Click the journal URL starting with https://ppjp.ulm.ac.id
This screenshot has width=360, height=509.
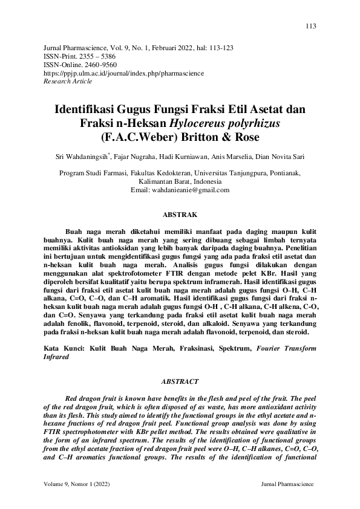tap(124, 73)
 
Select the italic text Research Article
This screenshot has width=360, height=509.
tap(68, 80)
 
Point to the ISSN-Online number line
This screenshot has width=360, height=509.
tap(81, 64)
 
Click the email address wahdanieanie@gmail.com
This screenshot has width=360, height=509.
tap(180, 189)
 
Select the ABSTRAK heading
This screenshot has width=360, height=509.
tap(180, 214)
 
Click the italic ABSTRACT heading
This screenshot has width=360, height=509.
tap(180, 381)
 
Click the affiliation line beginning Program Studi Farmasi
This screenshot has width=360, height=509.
tap(180, 172)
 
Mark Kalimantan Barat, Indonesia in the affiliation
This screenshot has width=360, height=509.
tap(180, 181)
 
